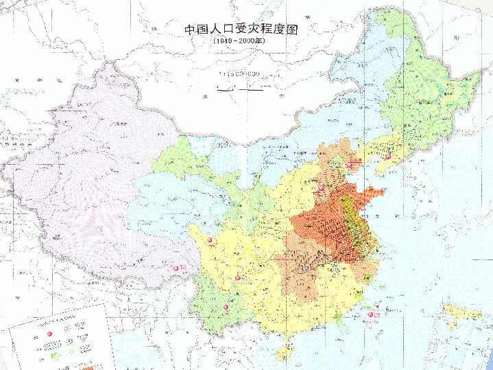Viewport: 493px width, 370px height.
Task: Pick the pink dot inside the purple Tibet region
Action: click(x=176, y=268)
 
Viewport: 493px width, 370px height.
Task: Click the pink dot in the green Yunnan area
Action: click(x=226, y=307)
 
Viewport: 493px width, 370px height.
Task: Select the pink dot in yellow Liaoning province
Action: click(x=389, y=157)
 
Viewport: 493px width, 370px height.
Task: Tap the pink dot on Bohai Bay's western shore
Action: click(x=350, y=164)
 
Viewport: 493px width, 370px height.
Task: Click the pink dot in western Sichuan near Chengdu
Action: click(x=210, y=241)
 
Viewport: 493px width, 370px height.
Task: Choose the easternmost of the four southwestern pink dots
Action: click(x=238, y=277)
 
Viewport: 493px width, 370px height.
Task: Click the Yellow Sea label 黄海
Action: click(x=405, y=227)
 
